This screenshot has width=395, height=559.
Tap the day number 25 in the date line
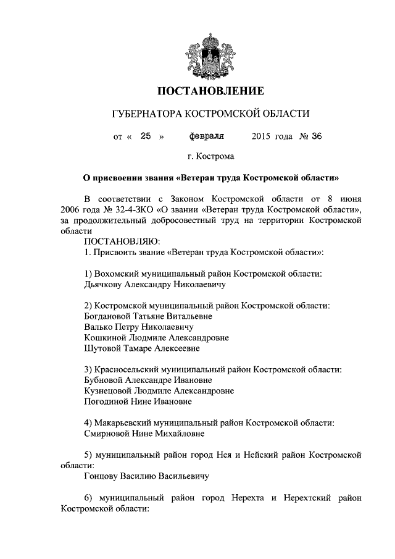click(146, 137)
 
